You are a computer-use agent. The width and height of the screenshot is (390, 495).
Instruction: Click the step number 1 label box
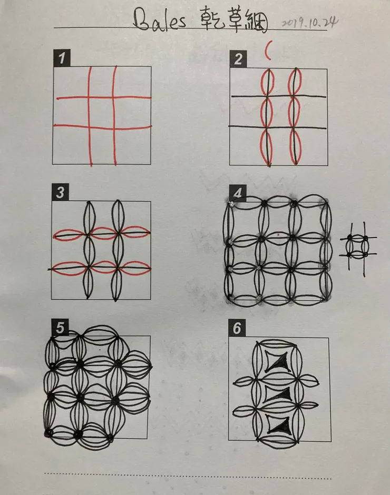coord(62,58)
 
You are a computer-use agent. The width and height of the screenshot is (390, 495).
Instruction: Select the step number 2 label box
coord(238,59)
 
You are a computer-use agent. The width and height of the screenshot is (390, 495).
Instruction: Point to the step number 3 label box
coord(60,192)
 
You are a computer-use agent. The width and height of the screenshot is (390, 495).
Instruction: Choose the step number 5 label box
coord(60,327)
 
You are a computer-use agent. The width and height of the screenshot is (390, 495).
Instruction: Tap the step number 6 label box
coord(237,328)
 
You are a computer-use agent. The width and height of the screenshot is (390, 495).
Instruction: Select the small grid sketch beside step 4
coord(358,246)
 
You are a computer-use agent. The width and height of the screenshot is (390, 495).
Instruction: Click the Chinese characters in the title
coord(235,22)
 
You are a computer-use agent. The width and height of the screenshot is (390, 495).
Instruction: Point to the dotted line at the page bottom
coord(188,476)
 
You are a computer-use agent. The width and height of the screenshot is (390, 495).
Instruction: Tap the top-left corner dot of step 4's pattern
coord(231,204)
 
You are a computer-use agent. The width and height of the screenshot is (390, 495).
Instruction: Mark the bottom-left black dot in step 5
coord(48,433)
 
